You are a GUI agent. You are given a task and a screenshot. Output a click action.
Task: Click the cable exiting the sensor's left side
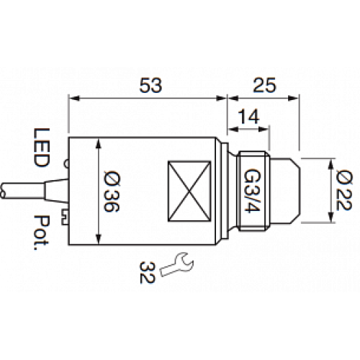click(x=29, y=189)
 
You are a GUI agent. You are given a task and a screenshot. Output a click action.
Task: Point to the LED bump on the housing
click(x=66, y=165)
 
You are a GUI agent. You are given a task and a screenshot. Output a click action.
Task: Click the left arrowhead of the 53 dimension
click(x=71, y=97)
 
